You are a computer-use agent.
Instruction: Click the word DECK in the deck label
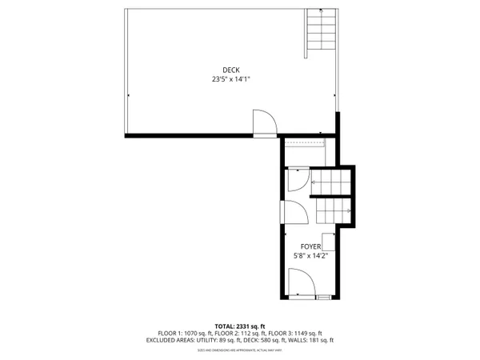[231, 70]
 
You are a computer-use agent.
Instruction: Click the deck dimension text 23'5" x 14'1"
[231, 79]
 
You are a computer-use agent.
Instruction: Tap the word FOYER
[311, 246]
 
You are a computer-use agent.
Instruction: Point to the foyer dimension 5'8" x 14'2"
[311, 255]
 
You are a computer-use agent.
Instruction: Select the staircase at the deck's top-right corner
[319, 32]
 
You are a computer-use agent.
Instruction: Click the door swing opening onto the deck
[264, 123]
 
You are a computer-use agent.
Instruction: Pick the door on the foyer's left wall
[293, 214]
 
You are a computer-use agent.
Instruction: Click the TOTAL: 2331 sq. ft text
[239, 326]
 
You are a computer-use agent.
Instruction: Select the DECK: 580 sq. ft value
[270, 340]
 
